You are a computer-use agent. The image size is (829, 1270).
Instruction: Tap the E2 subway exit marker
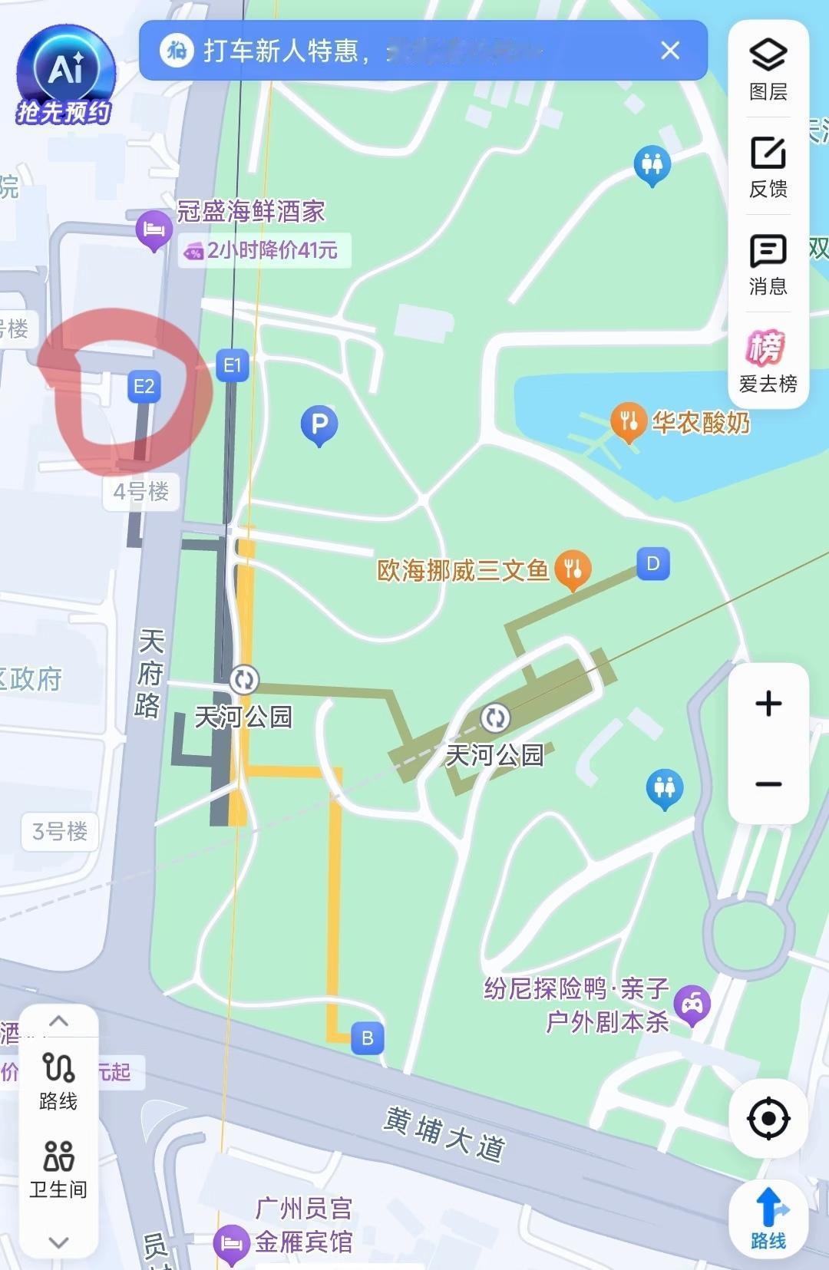tap(144, 386)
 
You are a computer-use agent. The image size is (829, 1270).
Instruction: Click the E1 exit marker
tap(232, 366)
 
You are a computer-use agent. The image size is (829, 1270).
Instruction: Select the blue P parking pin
tap(319, 424)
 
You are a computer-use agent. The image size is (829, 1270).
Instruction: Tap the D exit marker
tap(653, 564)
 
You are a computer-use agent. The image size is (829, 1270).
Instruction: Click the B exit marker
tap(367, 1038)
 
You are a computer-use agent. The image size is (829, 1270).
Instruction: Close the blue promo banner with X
tap(670, 51)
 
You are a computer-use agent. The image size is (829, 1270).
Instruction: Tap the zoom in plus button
tap(768, 704)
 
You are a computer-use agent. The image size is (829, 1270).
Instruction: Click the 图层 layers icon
tap(768, 68)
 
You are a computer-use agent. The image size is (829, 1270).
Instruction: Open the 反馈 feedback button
tap(768, 166)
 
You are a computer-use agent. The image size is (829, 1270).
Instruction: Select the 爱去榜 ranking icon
tap(768, 361)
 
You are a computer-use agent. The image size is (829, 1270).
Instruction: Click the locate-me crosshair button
tap(768, 1119)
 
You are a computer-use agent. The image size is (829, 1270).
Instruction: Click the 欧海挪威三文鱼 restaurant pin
tap(573, 569)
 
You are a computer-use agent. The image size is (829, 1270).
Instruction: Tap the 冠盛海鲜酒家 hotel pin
tap(154, 229)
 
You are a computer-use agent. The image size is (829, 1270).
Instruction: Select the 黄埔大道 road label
tap(444, 1134)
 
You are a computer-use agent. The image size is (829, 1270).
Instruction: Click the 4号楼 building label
tap(141, 492)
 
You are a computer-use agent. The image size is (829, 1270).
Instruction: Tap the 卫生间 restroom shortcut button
tap(58, 1168)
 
